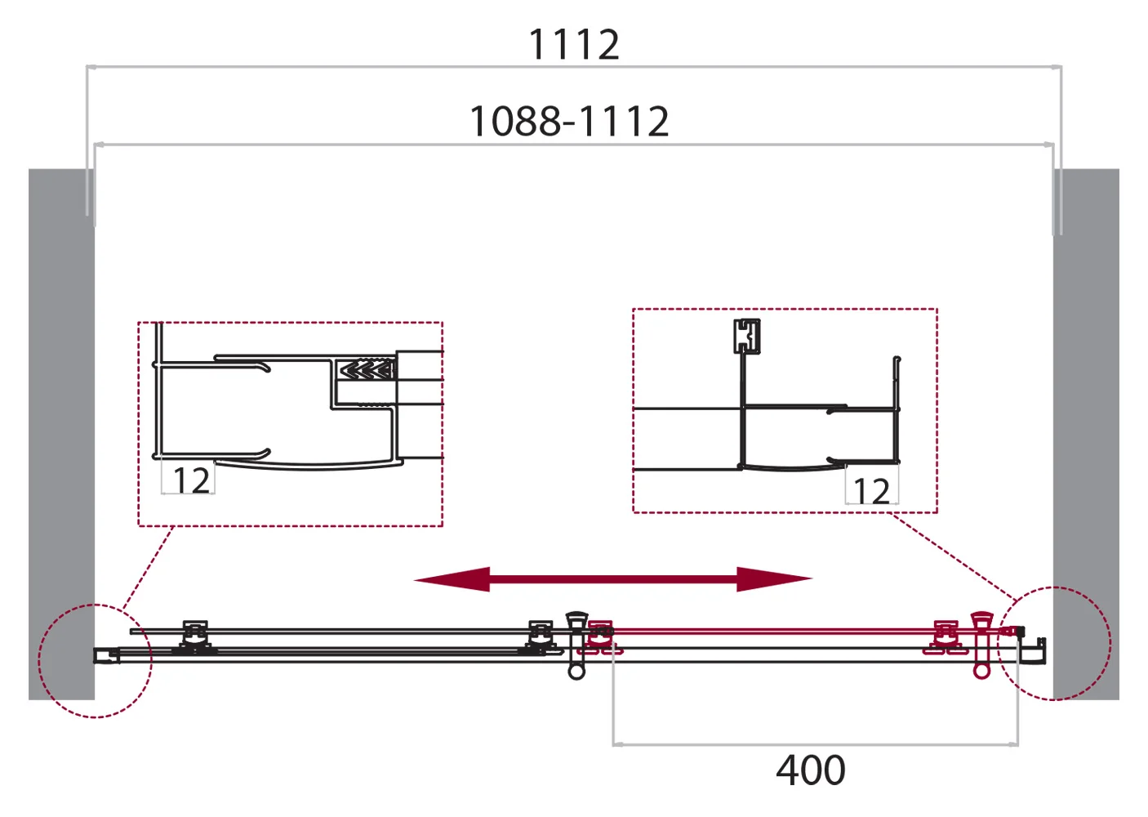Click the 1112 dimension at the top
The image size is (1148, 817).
574,44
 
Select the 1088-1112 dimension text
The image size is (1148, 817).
569,122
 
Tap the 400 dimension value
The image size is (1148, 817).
810,770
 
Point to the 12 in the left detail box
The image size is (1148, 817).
191,480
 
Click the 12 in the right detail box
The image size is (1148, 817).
871,491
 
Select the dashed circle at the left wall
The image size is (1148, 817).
96,661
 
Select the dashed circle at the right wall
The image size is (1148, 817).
1057,643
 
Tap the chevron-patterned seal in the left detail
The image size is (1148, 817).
367,370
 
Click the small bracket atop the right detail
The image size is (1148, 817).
746,335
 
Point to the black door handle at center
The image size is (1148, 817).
576,645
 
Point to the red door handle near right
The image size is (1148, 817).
981,645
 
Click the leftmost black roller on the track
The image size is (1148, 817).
195,636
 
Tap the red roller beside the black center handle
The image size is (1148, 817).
601,636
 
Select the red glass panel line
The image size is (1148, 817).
776,631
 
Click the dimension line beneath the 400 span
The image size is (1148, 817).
815,744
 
